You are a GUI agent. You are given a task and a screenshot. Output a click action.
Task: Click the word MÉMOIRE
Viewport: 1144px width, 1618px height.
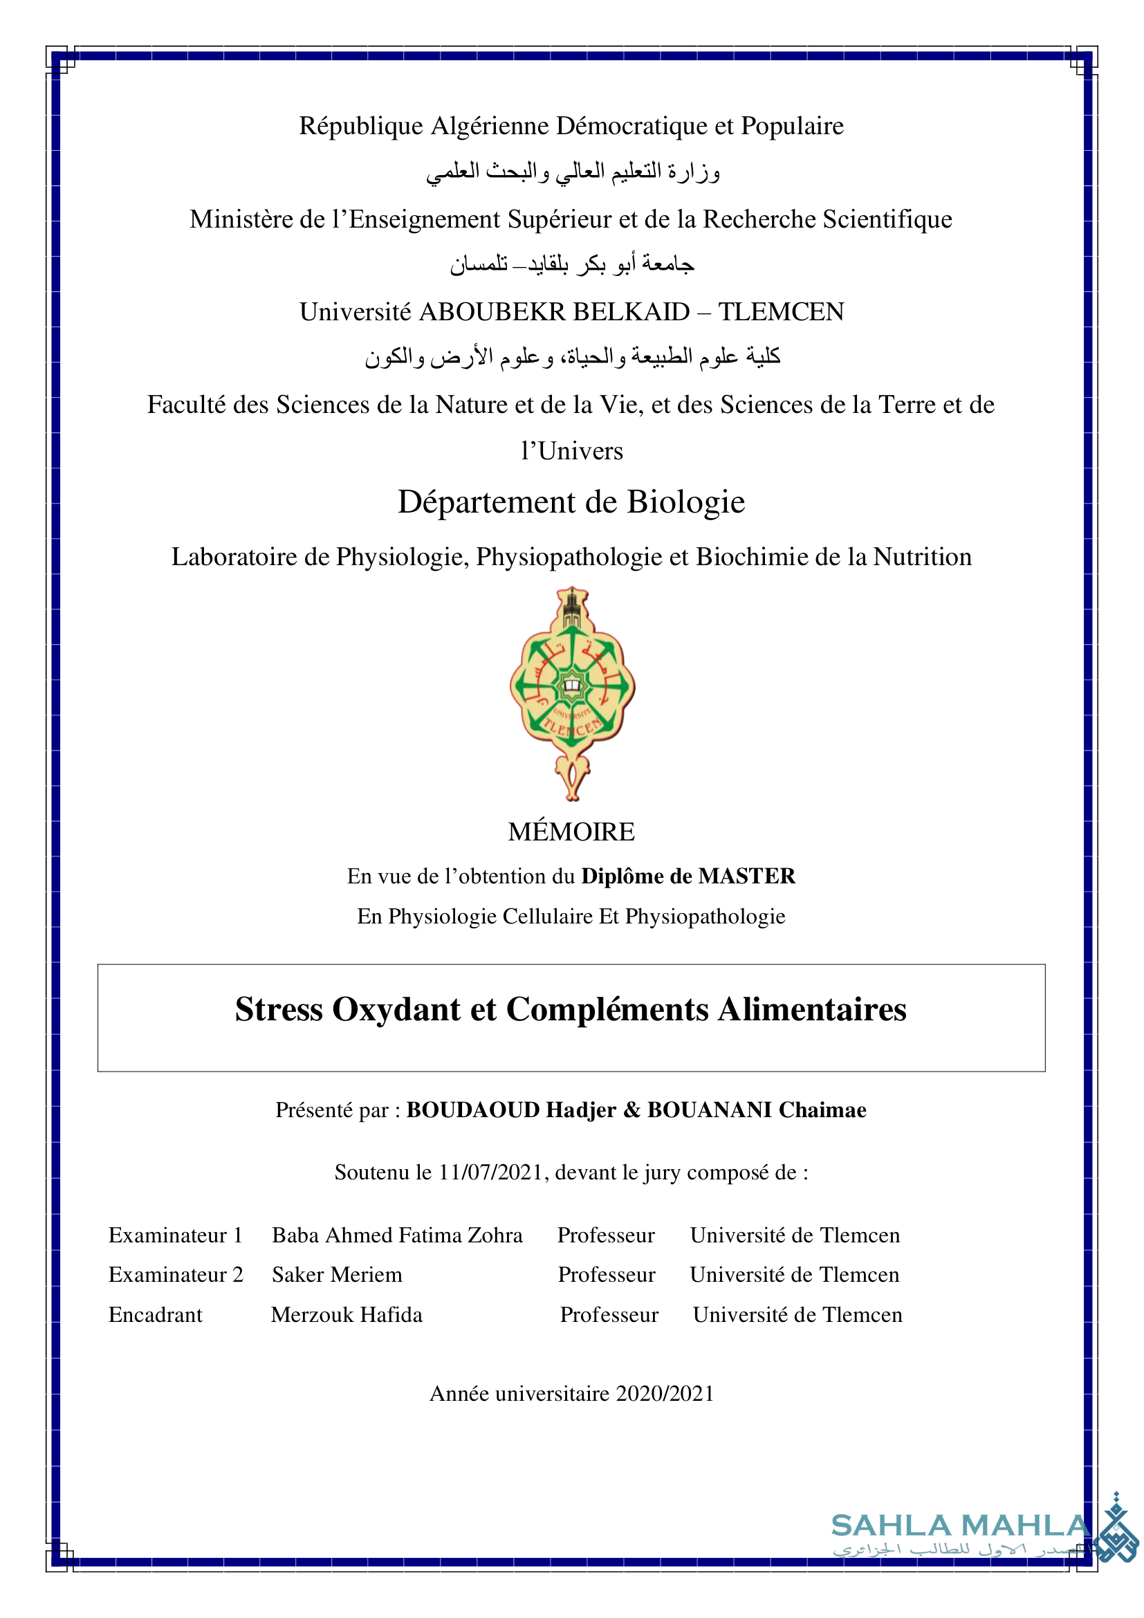click(x=571, y=832)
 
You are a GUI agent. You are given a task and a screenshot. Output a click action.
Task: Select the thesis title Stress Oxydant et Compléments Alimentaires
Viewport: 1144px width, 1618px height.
click(x=571, y=1009)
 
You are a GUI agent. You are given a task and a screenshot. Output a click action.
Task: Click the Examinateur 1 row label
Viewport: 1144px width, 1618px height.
click(x=176, y=1235)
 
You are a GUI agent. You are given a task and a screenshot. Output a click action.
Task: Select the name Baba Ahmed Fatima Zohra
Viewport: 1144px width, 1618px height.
click(x=397, y=1235)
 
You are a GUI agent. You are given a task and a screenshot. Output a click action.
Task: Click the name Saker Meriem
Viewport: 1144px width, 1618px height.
click(x=337, y=1275)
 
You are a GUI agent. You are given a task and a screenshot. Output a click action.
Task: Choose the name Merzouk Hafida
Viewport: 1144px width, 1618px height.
click(x=347, y=1315)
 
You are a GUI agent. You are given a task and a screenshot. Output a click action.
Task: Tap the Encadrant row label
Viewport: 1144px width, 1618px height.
click(x=155, y=1315)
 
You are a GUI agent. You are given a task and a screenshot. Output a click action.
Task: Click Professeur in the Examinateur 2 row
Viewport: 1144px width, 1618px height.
click(x=607, y=1275)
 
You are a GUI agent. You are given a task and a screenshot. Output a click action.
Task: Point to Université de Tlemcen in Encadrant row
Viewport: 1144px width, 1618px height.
click(x=797, y=1315)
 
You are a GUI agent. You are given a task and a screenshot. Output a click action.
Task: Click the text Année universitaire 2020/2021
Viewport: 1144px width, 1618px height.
click(x=572, y=1394)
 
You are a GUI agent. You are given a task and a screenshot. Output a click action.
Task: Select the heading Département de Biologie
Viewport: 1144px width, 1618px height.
click(x=571, y=502)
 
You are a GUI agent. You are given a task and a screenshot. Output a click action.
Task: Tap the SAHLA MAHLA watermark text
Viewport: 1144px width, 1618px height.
click(x=960, y=1526)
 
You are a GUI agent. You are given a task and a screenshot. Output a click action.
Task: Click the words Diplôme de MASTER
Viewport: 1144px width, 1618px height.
click(x=688, y=876)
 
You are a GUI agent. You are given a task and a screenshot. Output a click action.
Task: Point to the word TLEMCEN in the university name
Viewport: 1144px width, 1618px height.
click(x=781, y=312)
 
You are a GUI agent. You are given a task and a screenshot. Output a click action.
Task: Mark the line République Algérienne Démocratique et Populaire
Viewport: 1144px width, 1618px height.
click(x=571, y=126)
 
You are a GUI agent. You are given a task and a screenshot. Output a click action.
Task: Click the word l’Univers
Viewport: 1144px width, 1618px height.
click(x=572, y=451)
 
